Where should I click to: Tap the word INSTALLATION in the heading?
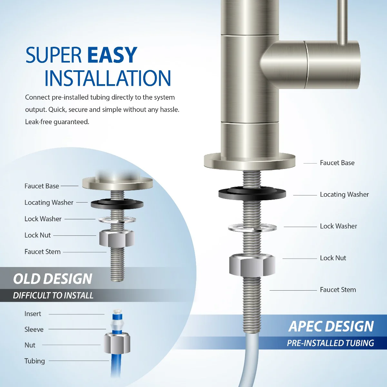click(107, 78)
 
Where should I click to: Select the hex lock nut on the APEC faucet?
click(252, 265)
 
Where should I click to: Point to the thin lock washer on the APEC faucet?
click(252, 228)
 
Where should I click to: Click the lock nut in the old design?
click(116, 238)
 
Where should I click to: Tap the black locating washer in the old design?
click(117, 203)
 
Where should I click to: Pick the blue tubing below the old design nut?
click(116, 364)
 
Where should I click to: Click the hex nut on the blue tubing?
click(117, 343)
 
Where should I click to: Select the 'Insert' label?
click(33, 314)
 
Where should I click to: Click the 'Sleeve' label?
click(34, 329)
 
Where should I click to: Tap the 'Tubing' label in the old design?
click(35, 361)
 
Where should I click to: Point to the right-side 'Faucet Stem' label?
click(338, 290)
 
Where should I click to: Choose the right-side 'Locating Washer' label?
click(344, 194)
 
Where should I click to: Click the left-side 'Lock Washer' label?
click(43, 219)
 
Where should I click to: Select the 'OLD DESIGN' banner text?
click(53, 279)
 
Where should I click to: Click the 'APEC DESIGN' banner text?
click(331, 326)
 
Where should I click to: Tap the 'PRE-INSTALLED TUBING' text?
click(331, 343)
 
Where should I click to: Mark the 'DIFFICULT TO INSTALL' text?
click(53, 295)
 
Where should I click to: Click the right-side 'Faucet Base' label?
click(337, 163)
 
